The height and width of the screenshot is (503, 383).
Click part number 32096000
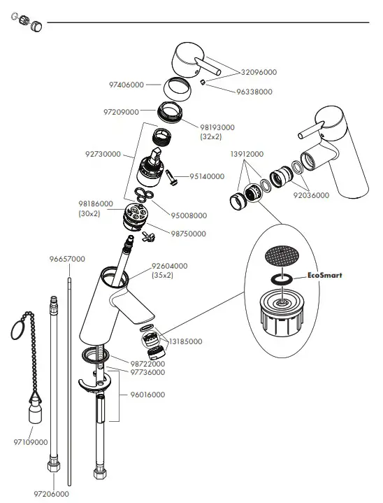(259, 71)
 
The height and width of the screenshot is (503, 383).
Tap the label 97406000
(126, 85)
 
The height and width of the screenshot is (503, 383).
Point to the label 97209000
(121, 111)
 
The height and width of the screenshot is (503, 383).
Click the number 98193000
(218, 127)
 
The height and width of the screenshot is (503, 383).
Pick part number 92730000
(103, 154)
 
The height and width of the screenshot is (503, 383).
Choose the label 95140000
(208, 176)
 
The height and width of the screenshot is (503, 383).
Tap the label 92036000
(310, 195)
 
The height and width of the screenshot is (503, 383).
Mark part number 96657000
(67, 259)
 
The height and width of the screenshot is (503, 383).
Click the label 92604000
(170, 266)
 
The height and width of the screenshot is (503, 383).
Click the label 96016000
(147, 395)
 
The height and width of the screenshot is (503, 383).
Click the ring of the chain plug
(22, 330)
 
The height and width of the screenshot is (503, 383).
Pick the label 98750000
(189, 234)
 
